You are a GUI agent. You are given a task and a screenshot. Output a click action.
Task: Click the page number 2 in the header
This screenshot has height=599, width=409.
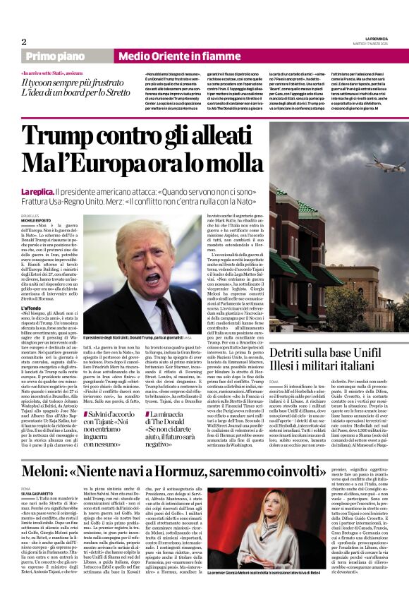(x=24, y=42)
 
